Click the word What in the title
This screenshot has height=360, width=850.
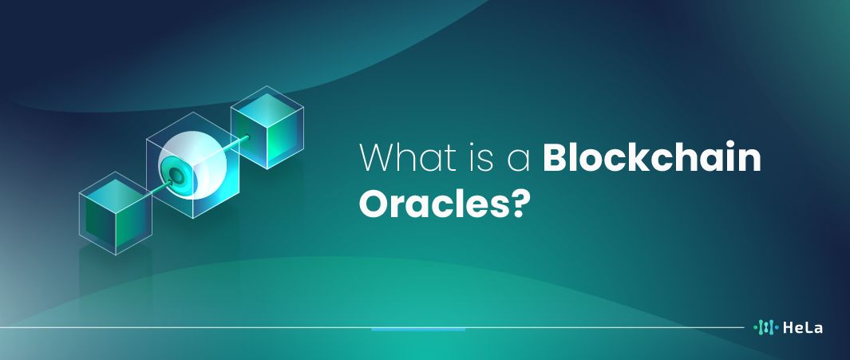point(413,157)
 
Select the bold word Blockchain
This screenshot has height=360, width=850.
point(652,157)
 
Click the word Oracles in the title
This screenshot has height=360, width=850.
point(433,203)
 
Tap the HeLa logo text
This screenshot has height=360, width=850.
point(803,327)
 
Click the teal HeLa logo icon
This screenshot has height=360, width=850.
point(766,327)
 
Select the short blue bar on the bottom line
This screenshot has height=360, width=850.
point(418,329)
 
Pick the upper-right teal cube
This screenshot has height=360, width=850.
point(267,128)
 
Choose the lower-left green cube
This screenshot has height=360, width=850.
point(116,213)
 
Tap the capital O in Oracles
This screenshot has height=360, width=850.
point(375,203)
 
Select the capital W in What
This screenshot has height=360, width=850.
point(379,158)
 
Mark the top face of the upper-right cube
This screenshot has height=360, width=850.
point(267,106)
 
